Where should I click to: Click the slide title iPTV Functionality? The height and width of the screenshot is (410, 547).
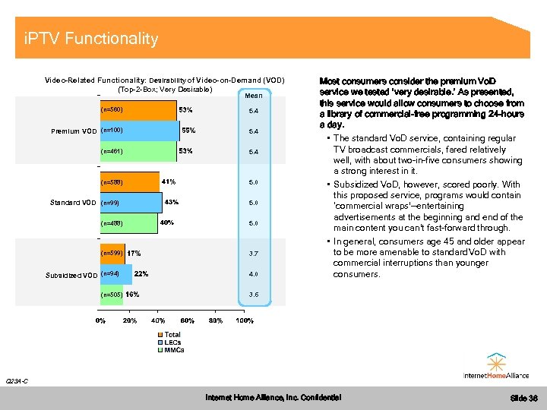pyautogui.click(x=91, y=39)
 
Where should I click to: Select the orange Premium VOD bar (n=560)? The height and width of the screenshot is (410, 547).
pyautogui.click(x=137, y=111)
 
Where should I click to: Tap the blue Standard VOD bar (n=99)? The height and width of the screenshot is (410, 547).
pyautogui.click(x=130, y=203)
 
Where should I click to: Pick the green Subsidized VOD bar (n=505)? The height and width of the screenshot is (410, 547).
pyautogui.click(x=111, y=295)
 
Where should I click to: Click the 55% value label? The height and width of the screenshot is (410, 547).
pyautogui.click(x=188, y=131)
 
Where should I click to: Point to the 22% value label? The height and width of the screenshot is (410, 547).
pyautogui.click(x=141, y=274)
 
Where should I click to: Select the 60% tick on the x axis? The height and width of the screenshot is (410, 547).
pyautogui.click(x=187, y=320)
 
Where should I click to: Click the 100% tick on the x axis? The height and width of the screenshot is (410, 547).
pyautogui.click(x=245, y=320)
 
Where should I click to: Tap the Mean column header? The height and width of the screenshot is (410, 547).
pyautogui.click(x=254, y=96)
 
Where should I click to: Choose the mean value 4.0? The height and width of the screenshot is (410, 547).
pyautogui.click(x=254, y=274)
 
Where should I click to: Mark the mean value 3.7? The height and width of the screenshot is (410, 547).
pyautogui.click(x=254, y=254)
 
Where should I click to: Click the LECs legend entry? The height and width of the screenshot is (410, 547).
pyautogui.click(x=172, y=342)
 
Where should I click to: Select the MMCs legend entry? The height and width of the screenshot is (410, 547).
pyautogui.click(x=174, y=350)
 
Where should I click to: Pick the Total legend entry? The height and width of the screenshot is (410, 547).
pyautogui.click(x=172, y=335)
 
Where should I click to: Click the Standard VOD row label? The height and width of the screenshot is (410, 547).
pyautogui.click(x=73, y=203)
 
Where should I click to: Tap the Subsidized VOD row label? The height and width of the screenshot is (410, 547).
pyautogui.click(x=73, y=275)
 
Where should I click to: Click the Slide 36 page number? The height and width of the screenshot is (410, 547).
pyautogui.click(x=523, y=398)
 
